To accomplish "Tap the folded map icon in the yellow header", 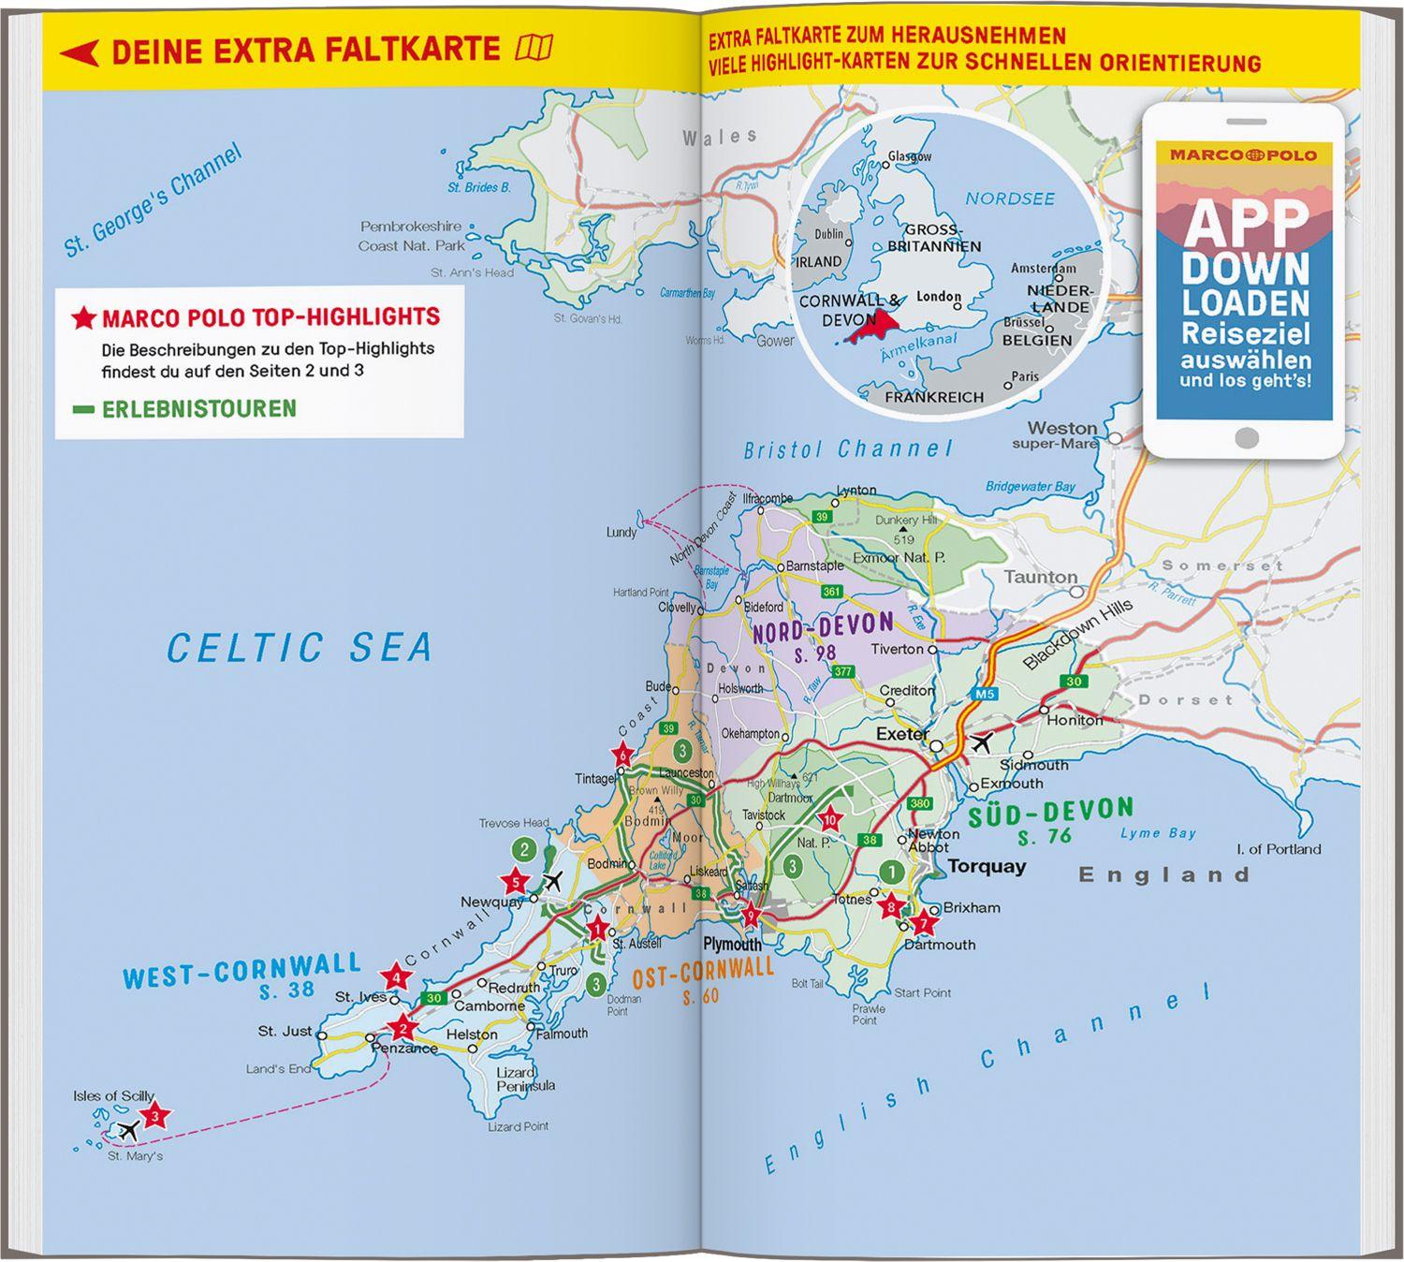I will pyautogui.click(x=534, y=47).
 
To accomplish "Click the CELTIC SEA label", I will pyautogui.click(x=300, y=648).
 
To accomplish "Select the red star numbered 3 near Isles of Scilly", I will pyautogui.click(x=156, y=1115).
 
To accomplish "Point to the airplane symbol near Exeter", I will pyautogui.click(x=980, y=743).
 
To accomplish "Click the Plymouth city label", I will pyautogui.click(x=732, y=945).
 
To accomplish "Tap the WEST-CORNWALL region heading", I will pyautogui.click(x=241, y=970).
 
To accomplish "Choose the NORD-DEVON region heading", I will pyautogui.click(x=823, y=628).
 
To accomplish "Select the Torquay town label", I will pyautogui.click(x=987, y=867).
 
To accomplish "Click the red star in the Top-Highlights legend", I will pyautogui.click(x=83, y=318).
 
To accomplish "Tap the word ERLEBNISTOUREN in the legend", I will pyautogui.click(x=198, y=409).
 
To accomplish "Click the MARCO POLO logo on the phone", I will pyautogui.click(x=1244, y=154).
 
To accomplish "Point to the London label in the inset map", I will pyautogui.click(x=938, y=297).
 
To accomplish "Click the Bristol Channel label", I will pyautogui.click(x=848, y=449).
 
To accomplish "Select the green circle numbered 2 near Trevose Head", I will pyautogui.click(x=525, y=850).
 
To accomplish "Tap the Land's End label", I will pyautogui.click(x=278, y=1068).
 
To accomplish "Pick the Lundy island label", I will pyautogui.click(x=621, y=532).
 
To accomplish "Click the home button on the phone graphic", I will pyautogui.click(x=1245, y=437).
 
